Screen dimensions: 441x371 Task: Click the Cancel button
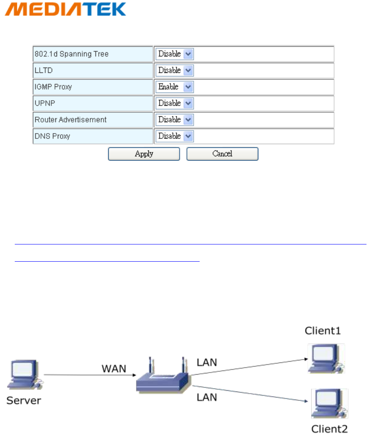click(222, 154)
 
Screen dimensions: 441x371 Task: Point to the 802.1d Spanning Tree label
click(72, 54)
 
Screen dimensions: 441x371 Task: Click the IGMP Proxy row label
click(54, 87)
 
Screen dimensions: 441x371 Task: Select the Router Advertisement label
click(71, 120)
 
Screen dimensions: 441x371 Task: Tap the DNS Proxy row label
click(52, 136)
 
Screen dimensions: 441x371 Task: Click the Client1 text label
click(323, 331)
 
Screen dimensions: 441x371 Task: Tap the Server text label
click(24, 400)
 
